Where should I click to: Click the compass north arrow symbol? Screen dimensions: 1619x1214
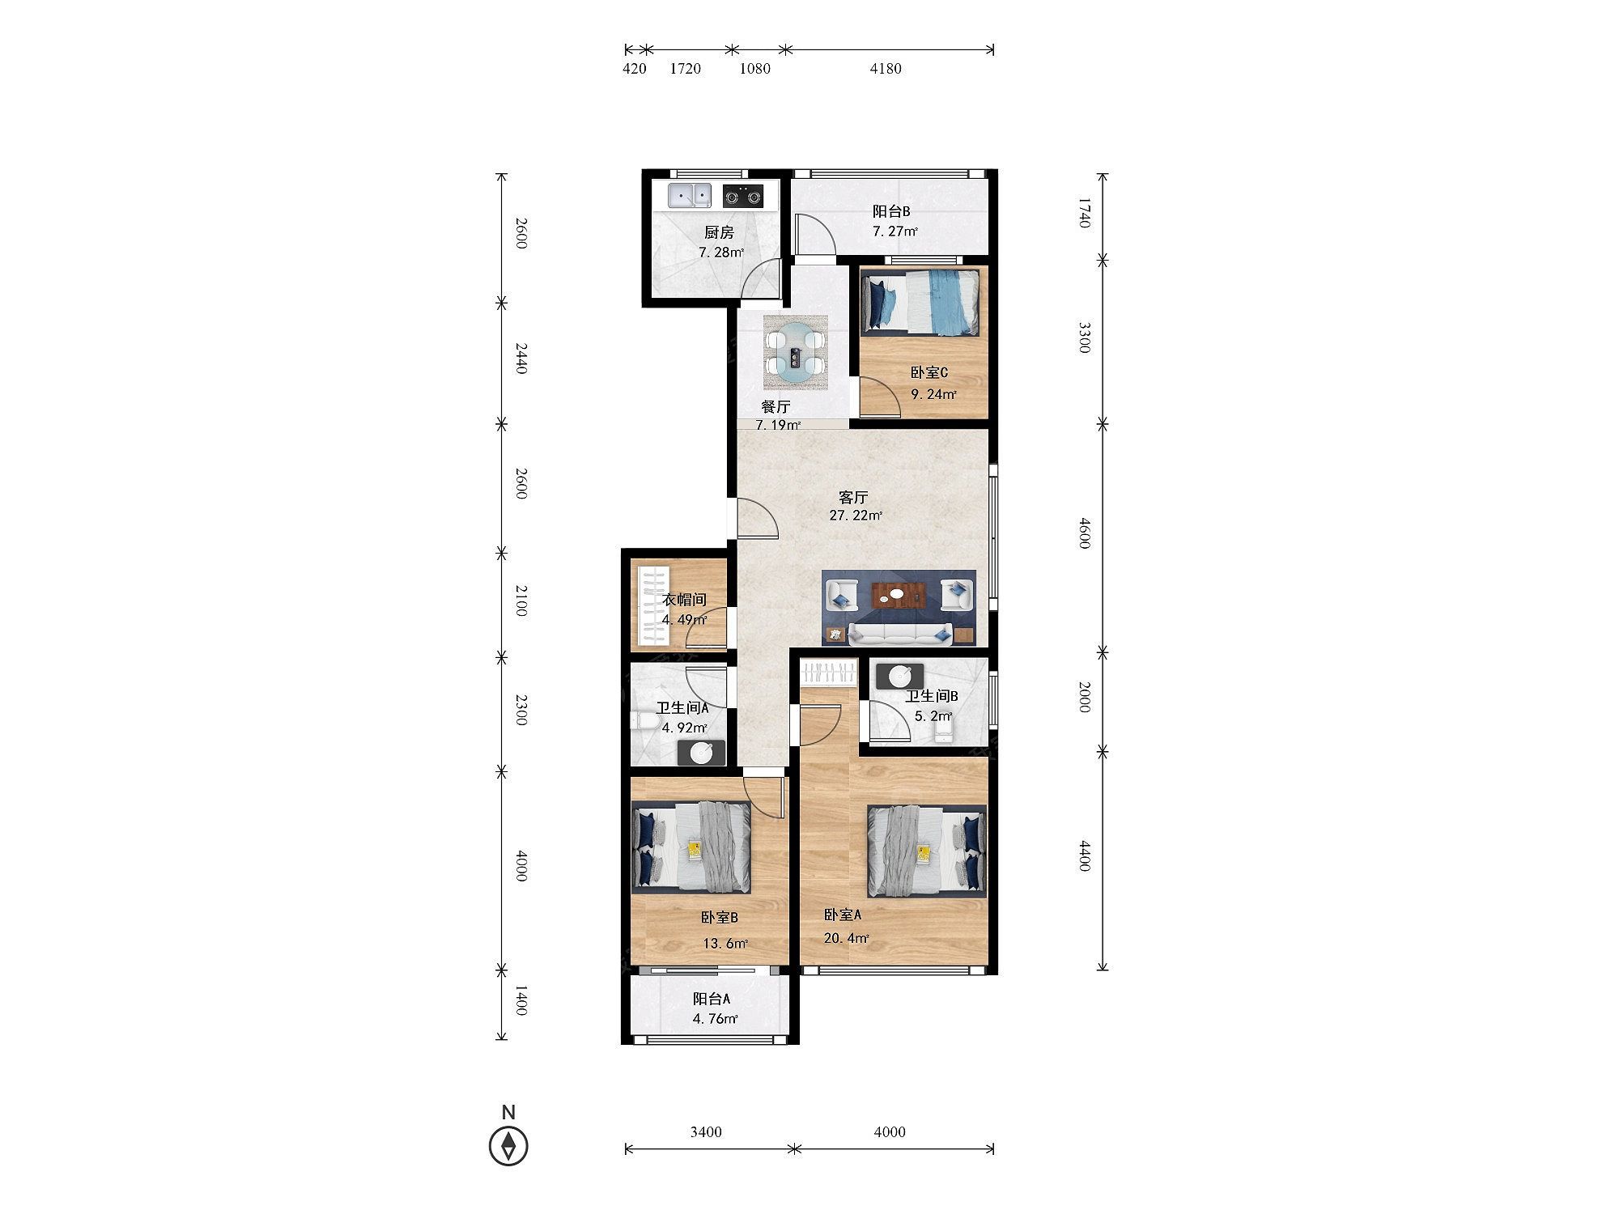coord(508,1147)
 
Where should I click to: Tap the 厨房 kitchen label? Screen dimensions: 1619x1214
coord(719,232)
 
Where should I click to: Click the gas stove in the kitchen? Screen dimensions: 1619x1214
coord(176,195)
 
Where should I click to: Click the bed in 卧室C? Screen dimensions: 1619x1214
coord(921,302)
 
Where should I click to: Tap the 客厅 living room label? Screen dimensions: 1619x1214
coord(853,497)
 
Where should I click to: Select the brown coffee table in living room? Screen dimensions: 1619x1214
coord(899,596)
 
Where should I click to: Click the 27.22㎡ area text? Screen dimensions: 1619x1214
coord(856,516)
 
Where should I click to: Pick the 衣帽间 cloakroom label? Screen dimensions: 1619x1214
coord(685,600)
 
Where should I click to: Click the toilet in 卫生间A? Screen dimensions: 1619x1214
coord(644,722)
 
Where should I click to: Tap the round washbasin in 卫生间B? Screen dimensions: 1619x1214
coord(900,675)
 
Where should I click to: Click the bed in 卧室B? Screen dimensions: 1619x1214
coord(691,847)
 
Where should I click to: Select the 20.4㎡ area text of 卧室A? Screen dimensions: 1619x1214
coord(847,939)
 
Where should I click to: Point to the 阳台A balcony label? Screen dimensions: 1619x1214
coord(712,1000)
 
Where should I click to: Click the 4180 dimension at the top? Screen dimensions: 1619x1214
coord(886,69)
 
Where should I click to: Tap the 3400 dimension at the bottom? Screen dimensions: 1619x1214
coord(706,1132)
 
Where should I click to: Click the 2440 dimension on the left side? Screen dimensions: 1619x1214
coord(521,359)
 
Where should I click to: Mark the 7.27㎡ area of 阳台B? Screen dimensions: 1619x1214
coord(894,231)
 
